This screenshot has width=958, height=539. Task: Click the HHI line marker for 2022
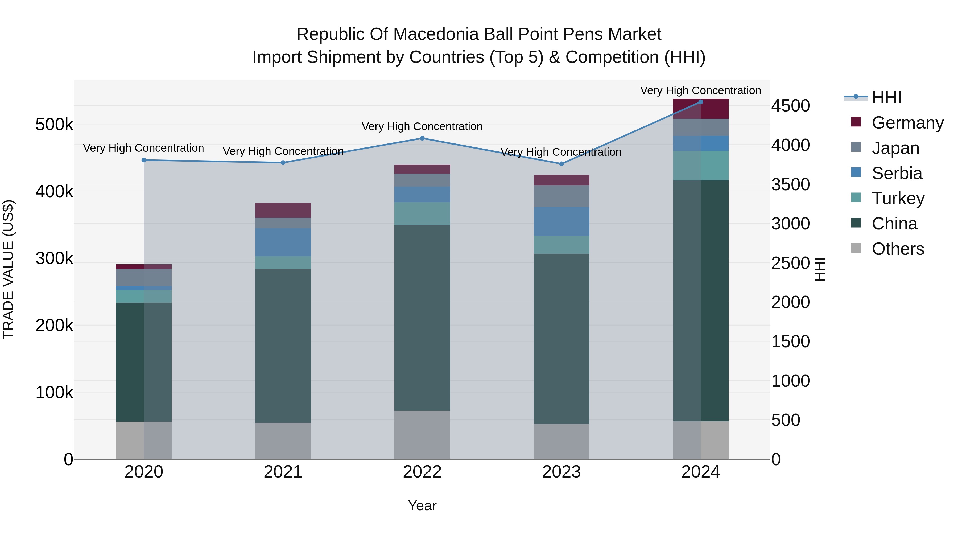422,138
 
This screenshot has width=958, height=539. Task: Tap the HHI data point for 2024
701,102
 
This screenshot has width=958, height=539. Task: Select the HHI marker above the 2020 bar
144,160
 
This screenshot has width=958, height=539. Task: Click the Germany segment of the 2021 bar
283,210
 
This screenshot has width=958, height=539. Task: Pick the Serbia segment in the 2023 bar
561,221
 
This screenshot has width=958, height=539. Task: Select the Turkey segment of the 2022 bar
422,214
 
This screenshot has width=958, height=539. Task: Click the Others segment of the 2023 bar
561,442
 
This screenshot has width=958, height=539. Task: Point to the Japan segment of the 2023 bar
561,196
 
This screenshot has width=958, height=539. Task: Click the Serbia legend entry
887,173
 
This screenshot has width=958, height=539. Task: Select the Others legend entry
887,249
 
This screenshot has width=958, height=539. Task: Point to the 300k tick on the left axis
54,258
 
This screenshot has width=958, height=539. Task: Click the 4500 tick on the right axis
791,106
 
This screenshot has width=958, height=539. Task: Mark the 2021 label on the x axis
283,472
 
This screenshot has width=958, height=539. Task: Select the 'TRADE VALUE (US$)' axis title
8,269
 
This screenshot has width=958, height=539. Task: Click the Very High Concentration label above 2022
422,126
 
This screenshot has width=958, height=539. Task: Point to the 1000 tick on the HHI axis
791,381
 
